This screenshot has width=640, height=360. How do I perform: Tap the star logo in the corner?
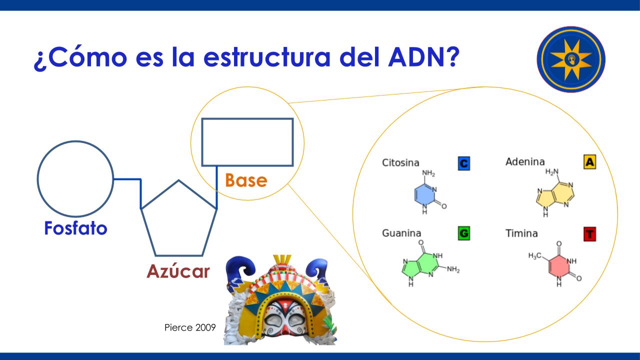coord(571,59)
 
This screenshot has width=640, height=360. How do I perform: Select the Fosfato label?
coord(75,228)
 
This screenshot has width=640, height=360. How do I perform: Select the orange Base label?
coord(246,180)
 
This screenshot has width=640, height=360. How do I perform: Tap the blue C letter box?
coord(463,163)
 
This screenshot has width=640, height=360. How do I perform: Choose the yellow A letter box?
coord(589,162)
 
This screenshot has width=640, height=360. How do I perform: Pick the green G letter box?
coord(463,233)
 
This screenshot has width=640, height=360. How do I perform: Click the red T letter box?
coord(589,234)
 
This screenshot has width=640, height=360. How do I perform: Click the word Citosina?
coord(400,163)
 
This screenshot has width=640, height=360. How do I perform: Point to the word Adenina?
coord(525,161)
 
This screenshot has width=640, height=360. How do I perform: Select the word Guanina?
coord(401,233)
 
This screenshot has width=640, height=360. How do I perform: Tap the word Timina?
coord(521,233)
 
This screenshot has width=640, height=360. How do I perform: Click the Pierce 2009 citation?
coord(190,327)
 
